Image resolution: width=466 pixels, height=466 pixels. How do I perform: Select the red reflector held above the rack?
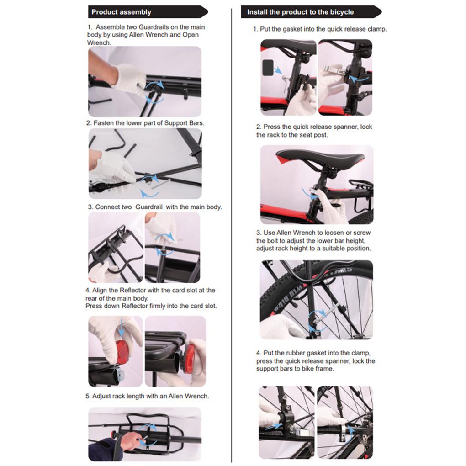click(x=122, y=351)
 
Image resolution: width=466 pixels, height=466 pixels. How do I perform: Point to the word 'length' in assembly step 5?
click(x=134, y=396)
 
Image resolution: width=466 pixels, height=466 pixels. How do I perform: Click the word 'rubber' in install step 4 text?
click(x=303, y=353)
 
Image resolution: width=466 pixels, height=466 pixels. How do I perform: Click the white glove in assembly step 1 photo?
click(x=129, y=78)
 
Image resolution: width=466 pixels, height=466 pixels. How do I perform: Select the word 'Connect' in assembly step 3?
click(x=108, y=207)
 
